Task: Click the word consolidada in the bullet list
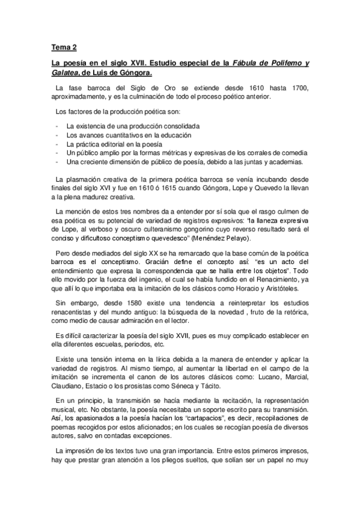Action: pos(178,126)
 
